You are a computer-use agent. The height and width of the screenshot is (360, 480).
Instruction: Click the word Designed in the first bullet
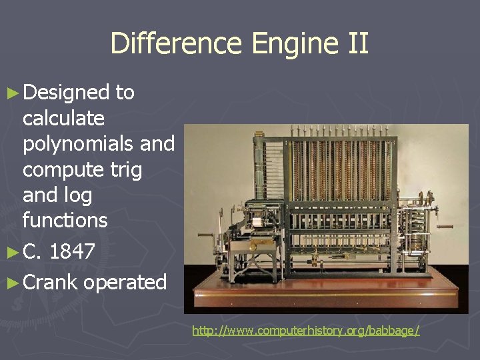pos(66,92)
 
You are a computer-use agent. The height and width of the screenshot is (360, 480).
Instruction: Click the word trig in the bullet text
pos(126,169)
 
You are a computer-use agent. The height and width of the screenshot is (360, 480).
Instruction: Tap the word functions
pos(65,220)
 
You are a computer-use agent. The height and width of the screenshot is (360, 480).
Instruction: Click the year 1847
pos(72,252)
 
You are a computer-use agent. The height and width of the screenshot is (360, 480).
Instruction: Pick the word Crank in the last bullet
pos(50,282)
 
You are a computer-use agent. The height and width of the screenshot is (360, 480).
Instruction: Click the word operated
pos(125,283)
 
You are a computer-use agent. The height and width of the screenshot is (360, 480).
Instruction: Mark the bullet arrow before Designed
pos(11,93)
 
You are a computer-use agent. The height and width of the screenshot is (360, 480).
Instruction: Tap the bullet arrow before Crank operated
pos(11,283)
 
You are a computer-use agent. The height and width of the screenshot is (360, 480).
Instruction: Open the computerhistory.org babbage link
pos(306,331)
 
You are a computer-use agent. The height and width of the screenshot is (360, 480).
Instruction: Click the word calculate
pos(63,119)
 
